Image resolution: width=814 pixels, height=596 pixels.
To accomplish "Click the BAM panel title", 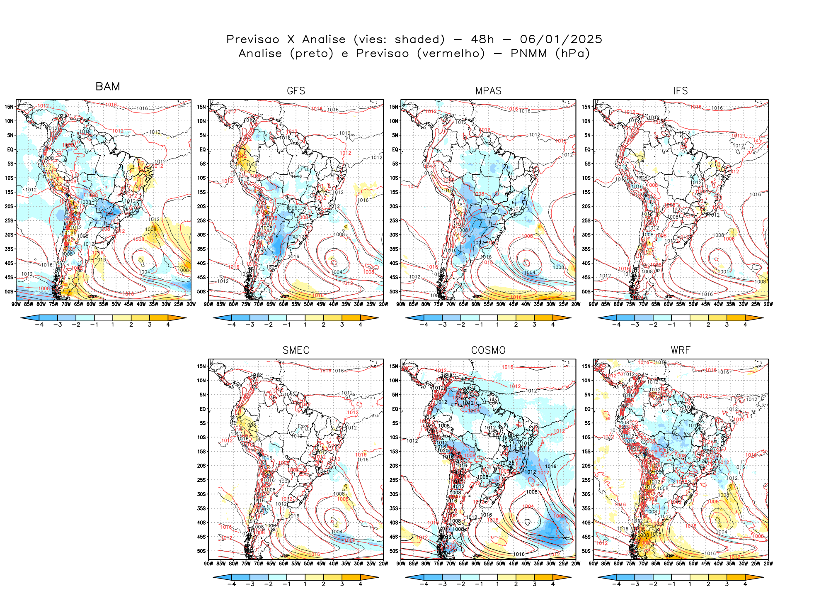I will coord(108,86).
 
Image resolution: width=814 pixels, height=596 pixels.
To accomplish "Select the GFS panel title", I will coord(296,91).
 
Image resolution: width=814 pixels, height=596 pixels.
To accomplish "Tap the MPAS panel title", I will coord(488,91).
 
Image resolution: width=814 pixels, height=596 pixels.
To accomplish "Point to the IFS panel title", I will coord(681,91).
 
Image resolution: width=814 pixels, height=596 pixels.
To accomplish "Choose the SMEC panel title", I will coord(296,350).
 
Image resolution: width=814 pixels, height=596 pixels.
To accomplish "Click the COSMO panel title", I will coord(488,350).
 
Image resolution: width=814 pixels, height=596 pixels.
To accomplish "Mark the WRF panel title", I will coord(681,350).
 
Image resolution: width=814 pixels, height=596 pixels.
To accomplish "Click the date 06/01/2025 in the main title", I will coord(561,39).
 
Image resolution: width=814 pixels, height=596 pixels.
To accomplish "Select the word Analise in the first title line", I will coord(324,39).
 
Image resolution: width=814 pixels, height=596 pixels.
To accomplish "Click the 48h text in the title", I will coord(482,39).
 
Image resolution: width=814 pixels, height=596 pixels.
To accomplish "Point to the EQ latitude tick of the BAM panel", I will coord(10,149).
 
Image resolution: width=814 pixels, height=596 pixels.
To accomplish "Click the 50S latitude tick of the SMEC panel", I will coord(202,551).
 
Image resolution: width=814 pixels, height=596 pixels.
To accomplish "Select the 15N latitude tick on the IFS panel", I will coord(586,107).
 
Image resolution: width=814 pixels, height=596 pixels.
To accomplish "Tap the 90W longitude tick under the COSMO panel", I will coord(401,564).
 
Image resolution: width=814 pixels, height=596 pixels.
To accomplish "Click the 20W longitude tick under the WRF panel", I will coord(768,564).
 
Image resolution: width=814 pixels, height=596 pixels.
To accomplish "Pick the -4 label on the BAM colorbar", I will coord(39,325).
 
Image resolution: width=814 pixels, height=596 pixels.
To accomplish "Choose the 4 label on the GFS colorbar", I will coord(361,325).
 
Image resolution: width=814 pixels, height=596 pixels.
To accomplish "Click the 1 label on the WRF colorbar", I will coord(690,584).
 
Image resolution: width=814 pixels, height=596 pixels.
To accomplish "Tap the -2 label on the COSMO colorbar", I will coord(460,584).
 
